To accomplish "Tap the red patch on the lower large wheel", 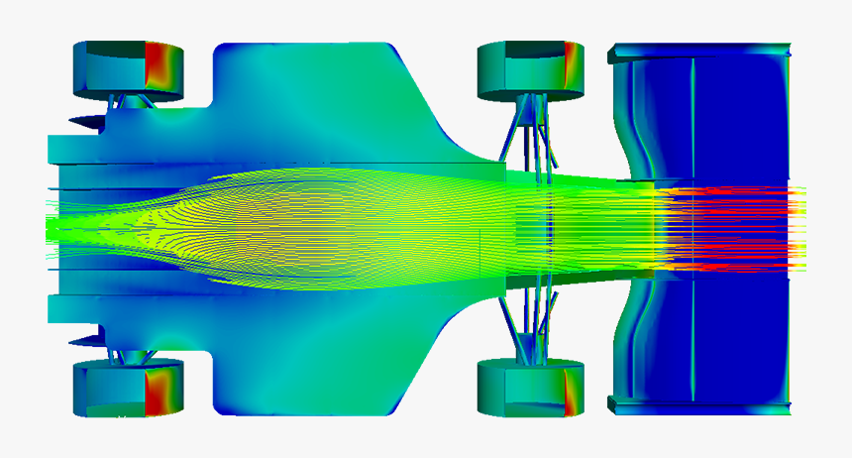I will (159, 391).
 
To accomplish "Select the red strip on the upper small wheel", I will (572, 65).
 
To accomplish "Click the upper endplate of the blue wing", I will (699, 49).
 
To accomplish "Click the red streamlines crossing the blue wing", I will (733, 229).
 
